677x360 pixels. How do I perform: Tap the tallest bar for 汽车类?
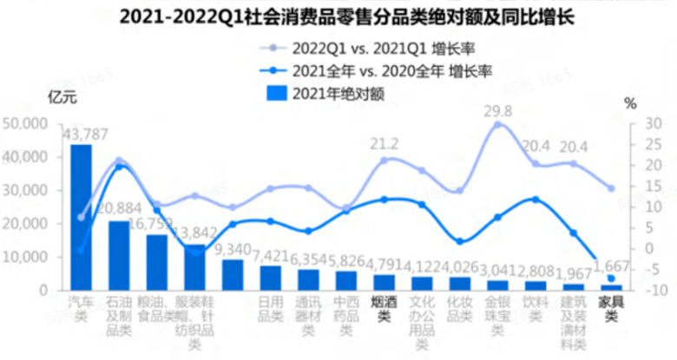pyautogui.click(x=81, y=217)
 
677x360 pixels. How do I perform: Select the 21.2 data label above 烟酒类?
pyautogui.click(x=385, y=144)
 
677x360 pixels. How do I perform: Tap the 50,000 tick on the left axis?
pyautogui.click(x=25, y=124)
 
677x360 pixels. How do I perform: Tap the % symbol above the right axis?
pyautogui.click(x=629, y=102)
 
